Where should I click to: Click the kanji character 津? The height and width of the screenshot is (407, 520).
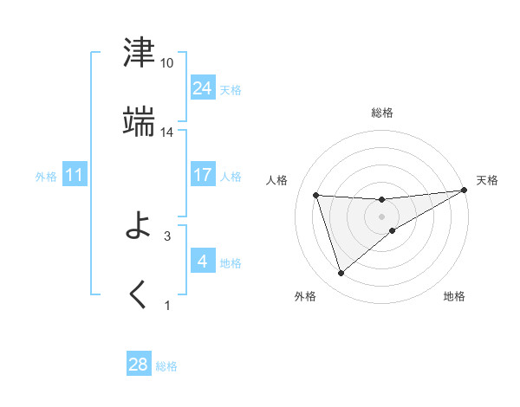140,54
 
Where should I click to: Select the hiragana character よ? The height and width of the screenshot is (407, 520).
140,226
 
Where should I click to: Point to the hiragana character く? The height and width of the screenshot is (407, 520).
139,295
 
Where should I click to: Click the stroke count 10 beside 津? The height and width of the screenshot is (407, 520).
167,63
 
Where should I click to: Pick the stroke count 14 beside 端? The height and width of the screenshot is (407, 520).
167,132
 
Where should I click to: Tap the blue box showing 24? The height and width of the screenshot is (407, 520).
203,88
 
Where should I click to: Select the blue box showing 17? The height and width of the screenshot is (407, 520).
203,175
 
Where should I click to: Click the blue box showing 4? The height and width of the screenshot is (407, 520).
203,262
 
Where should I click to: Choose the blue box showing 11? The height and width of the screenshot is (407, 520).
75,176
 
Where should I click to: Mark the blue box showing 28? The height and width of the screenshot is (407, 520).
139,365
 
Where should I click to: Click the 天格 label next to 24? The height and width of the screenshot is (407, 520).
231,90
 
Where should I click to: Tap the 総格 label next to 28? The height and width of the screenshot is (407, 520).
166,366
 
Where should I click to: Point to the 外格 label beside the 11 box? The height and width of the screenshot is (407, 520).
46,177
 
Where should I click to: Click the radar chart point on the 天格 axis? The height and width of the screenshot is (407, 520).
465,191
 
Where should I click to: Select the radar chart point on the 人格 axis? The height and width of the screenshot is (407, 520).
316,196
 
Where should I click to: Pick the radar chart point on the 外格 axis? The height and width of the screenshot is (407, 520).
341,274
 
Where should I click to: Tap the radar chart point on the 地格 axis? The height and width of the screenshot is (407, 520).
393,229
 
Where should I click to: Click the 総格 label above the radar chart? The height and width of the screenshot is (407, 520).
382,113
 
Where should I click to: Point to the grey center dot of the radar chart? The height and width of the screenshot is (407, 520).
382,216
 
